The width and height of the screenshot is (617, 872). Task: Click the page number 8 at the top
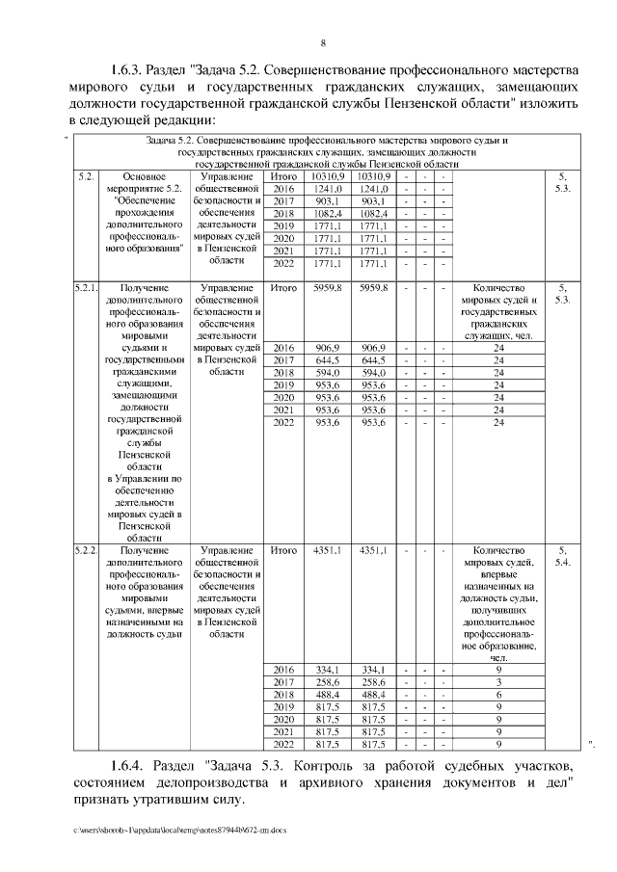pyautogui.click(x=323, y=42)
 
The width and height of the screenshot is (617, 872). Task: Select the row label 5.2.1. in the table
pyautogui.click(x=84, y=287)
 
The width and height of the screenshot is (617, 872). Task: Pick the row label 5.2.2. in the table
pyautogui.click(x=84, y=549)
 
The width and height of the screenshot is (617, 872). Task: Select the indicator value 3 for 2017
pyautogui.click(x=498, y=681)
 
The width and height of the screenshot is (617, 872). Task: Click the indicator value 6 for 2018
pyautogui.click(x=498, y=695)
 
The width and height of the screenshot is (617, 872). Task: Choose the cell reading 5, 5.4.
pyautogui.click(x=563, y=555)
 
